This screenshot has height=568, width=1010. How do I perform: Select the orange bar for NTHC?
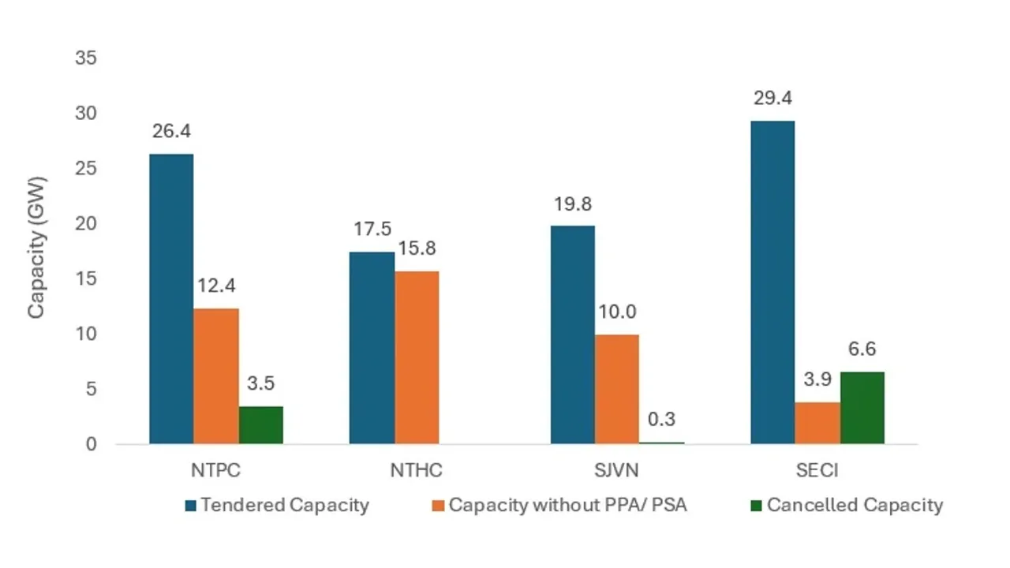point(417,357)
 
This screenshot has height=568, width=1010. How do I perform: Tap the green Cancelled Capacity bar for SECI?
point(862,408)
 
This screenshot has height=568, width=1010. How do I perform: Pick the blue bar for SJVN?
point(572,334)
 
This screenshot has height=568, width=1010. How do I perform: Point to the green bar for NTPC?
point(260,425)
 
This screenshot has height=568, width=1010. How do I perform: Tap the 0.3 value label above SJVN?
point(661,420)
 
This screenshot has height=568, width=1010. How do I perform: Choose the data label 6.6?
point(862,349)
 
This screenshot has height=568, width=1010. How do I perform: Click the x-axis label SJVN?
point(617,471)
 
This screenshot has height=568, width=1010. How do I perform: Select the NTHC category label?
point(417,471)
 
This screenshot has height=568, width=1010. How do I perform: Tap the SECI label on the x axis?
point(817,471)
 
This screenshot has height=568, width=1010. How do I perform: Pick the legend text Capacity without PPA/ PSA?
point(567,505)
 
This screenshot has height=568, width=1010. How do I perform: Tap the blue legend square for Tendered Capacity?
point(190,506)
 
